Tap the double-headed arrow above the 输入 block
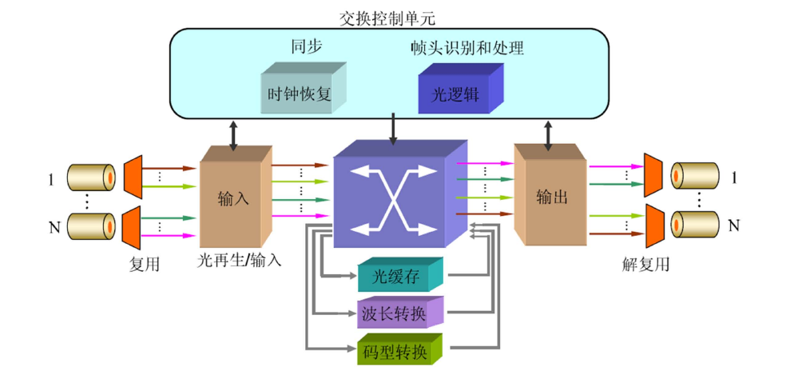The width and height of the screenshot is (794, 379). [x=232, y=134]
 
